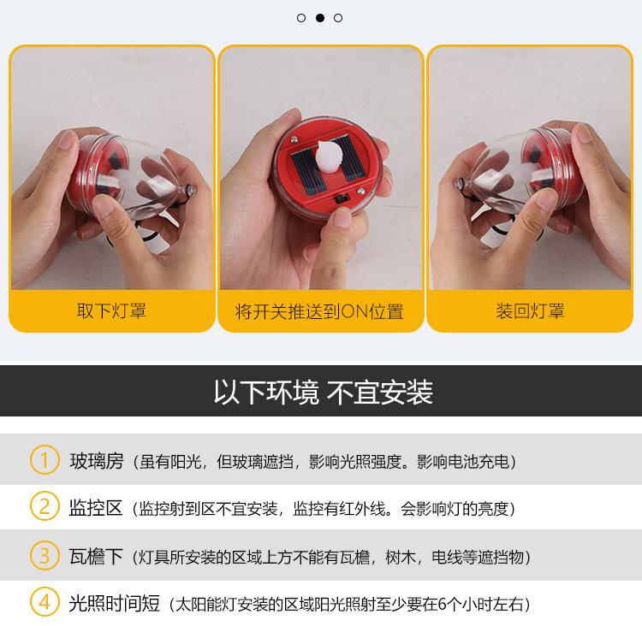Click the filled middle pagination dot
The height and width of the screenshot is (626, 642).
[x=320, y=18]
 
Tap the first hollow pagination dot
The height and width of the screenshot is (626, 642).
[x=301, y=18]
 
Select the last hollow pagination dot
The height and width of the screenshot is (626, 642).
[x=338, y=18]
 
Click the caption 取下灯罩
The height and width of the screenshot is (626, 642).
[x=111, y=311]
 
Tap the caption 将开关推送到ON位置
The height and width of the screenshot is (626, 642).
[x=319, y=312]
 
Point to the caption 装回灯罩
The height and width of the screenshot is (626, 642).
[x=530, y=311]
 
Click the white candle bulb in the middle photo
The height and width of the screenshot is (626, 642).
[x=329, y=156]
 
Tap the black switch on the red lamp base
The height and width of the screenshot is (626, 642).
[x=341, y=199]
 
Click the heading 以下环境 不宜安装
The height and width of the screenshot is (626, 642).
[x=323, y=392]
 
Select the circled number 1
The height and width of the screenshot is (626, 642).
[x=45, y=460]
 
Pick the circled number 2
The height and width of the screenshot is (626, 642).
[x=45, y=506]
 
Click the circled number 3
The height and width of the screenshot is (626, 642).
[x=45, y=556]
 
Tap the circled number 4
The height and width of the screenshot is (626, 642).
[x=45, y=602]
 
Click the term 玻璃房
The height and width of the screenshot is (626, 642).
[x=97, y=461]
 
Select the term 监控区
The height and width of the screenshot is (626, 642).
[x=96, y=508]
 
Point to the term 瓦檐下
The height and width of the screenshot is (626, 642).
[x=96, y=557]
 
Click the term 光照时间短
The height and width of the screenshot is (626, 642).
[x=114, y=604]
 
